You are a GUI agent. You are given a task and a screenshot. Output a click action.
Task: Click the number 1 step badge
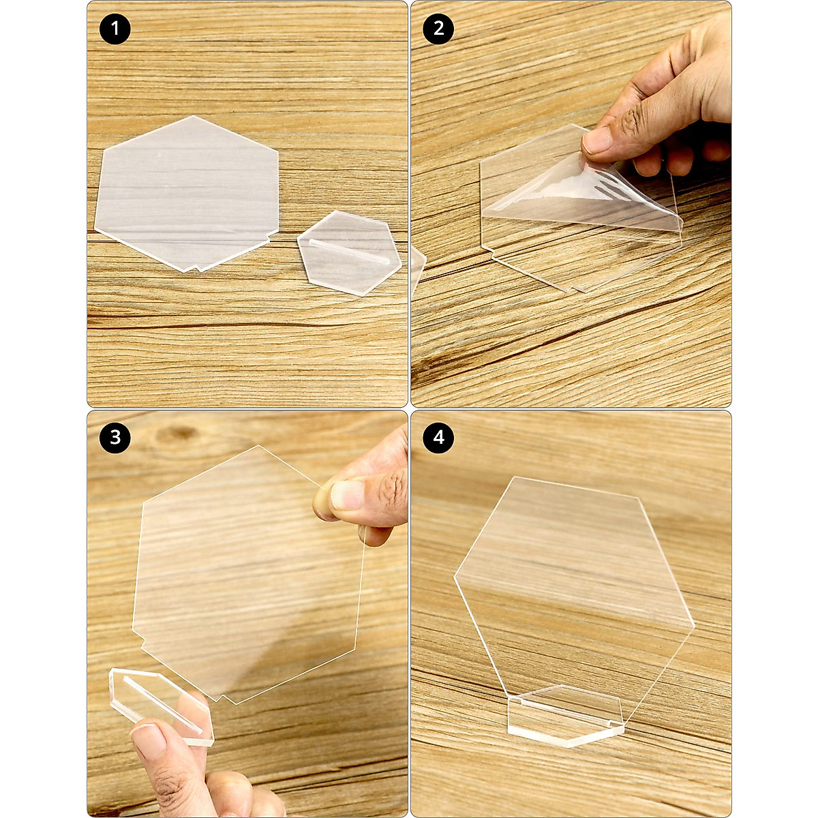pyautogui.click(x=115, y=29)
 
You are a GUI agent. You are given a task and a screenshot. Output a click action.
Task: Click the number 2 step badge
pyautogui.click(x=438, y=29)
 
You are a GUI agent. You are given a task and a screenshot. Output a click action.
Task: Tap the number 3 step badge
pyautogui.click(x=115, y=437)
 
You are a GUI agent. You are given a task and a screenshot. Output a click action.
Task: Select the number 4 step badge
pyautogui.click(x=438, y=437)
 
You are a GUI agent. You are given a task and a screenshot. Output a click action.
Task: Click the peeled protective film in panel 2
pyautogui.click(x=586, y=194)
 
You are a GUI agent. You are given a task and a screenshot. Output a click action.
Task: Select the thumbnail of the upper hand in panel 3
pyautogui.click(x=346, y=495)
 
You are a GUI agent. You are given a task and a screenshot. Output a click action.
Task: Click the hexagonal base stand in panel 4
pyautogui.click(x=566, y=716)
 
